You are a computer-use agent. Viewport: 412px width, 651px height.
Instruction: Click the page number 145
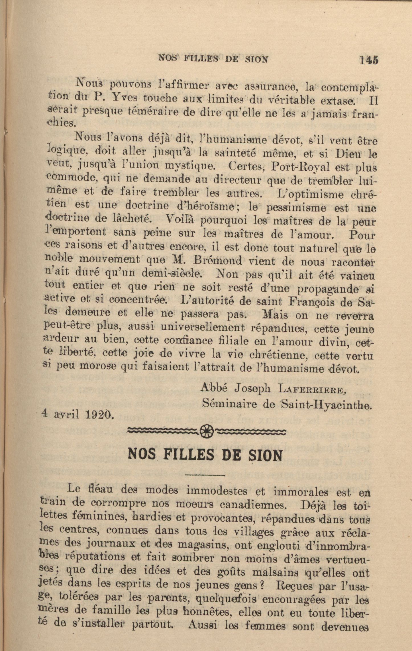pyautogui.click(x=369, y=60)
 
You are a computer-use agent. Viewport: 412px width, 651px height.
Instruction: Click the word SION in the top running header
pyautogui.click(x=256, y=59)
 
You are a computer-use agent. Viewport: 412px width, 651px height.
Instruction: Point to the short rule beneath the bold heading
pyautogui.click(x=205, y=475)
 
